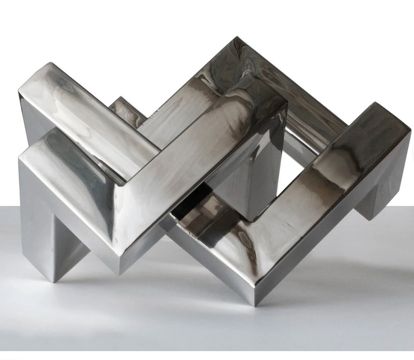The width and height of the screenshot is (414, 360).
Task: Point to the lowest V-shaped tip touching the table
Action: tap(254, 301)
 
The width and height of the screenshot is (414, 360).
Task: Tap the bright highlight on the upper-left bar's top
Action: tap(77, 105)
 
